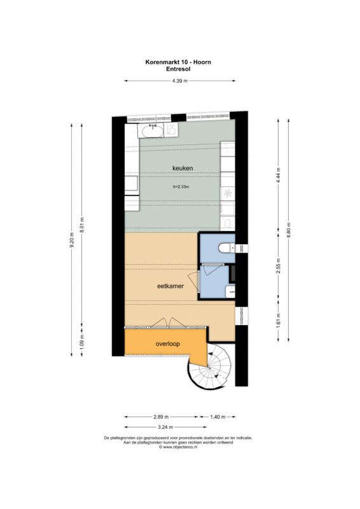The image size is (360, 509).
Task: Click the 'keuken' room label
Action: (x=183, y=168)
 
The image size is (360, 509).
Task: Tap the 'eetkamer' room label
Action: (x=170, y=286)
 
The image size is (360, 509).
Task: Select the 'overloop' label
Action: (x=167, y=344)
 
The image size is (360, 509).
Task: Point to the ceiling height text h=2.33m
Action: (x=181, y=186)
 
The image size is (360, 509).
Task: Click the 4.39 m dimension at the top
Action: (x=180, y=81)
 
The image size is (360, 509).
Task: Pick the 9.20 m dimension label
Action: (x=72, y=240)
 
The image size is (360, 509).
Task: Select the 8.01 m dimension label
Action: (x=82, y=225)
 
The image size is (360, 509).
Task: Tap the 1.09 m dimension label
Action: (x=82, y=342)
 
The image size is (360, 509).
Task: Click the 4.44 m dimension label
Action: (x=278, y=176)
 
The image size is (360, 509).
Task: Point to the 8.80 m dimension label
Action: (x=289, y=230)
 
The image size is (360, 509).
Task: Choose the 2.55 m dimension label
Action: (x=278, y=266)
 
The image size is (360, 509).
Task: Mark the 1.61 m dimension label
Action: (x=278, y=321)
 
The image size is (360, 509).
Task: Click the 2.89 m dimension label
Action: (x=161, y=417)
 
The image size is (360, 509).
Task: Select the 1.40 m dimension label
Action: (x=218, y=417)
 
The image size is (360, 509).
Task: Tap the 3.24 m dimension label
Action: (x=165, y=427)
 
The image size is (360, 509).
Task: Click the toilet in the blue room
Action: (x=227, y=248)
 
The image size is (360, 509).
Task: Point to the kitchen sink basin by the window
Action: (x=151, y=130)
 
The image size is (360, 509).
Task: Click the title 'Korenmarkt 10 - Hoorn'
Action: (x=178, y=62)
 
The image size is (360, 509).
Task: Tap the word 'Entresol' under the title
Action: (x=178, y=69)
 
